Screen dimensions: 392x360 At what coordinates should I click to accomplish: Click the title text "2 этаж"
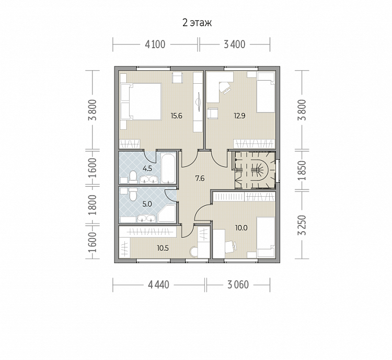[x=197, y=23]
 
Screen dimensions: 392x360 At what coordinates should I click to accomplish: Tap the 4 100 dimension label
[x=155, y=44]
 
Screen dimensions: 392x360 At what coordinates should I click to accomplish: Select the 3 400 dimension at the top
[x=235, y=44]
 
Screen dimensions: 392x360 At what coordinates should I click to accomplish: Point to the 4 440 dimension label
[x=158, y=285]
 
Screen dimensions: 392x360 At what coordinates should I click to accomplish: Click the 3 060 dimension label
[x=238, y=285]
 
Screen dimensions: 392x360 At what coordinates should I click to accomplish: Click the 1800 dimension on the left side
[x=93, y=205]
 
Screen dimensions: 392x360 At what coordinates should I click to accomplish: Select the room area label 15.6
[x=176, y=116]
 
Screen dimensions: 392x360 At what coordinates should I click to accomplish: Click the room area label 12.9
[x=239, y=116]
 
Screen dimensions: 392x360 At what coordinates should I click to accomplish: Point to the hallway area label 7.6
[x=200, y=178]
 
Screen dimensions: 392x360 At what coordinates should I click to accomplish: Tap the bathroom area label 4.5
[x=147, y=168]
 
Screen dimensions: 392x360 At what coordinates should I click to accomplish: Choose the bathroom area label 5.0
[x=147, y=204]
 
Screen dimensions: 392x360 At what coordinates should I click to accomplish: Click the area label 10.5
[x=163, y=248]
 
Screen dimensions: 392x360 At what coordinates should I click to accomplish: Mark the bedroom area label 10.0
[x=241, y=228]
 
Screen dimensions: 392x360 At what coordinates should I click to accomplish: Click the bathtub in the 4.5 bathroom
[x=168, y=169]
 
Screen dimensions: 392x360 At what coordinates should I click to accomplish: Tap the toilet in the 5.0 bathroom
[x=133, y=194]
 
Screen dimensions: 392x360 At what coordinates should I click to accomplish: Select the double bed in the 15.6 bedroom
[x=141, y=102]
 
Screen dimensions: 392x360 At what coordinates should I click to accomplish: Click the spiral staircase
[x=255, y=170]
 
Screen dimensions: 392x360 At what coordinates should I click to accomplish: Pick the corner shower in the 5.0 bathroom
[x=167, y=213]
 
